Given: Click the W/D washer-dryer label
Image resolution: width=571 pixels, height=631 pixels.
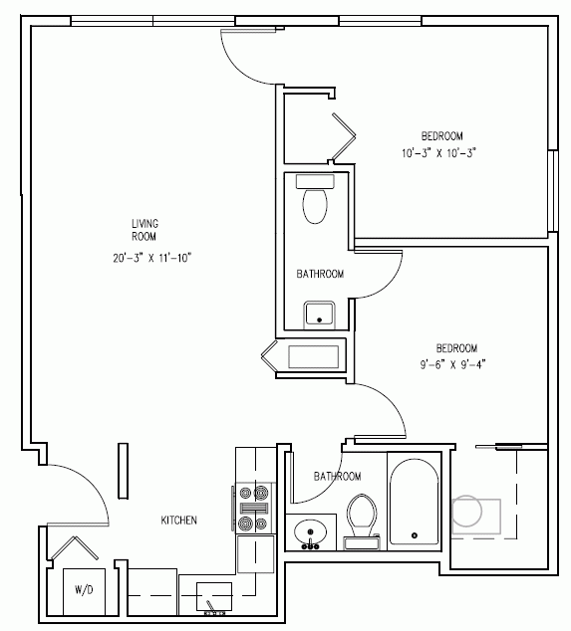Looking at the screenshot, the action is click(x=84, y=590).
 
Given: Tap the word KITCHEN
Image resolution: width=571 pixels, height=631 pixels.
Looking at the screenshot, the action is click(x=179, y=521).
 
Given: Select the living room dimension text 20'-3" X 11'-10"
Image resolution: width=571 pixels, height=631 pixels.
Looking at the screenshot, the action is click(x=151, y=258).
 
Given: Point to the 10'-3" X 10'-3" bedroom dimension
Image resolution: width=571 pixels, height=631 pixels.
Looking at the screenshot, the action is click(x=438, y=153).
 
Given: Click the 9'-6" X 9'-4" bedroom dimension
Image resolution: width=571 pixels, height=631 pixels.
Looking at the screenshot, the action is click(x=452, y=365).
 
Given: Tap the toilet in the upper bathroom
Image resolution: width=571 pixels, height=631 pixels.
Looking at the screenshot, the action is click(x=315, y=199).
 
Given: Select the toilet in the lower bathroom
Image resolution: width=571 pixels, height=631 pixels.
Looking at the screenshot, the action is click(x=362, y=522).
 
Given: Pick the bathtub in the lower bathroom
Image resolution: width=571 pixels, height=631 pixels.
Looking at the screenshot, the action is click(x=415, y=502).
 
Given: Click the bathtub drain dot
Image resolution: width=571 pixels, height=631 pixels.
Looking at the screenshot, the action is click(x=415, y=535).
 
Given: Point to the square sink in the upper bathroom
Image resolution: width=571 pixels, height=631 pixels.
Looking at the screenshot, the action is click(x=319, y=314).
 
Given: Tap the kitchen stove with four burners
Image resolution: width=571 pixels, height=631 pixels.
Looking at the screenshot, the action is click(x=253, y=508).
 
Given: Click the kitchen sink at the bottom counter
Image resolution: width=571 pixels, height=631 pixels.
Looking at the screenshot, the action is click(x=214, y=596).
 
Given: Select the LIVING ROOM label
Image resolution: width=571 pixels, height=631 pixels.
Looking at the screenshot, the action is click(x=144, y=230).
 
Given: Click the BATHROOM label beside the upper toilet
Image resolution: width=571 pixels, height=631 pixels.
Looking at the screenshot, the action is click(x=320, y=274).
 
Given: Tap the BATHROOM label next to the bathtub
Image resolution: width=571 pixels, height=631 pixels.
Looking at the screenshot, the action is click(x=337, y=477).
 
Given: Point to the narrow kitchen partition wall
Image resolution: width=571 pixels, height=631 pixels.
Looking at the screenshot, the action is click(x=123, y=471).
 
